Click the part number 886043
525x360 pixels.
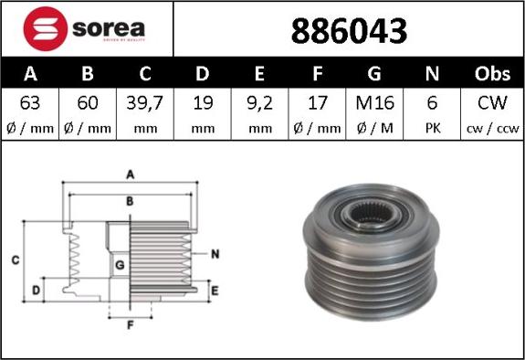point(348,31)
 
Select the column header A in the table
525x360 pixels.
point(30,73)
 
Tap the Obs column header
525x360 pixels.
point(493,73)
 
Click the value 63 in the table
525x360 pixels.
point(30,103)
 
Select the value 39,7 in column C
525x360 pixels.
point(145,103)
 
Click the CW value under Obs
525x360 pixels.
point(493,103)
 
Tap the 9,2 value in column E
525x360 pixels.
point(261,103)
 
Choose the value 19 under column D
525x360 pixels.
point(203,103)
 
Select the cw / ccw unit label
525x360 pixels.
point(493,129)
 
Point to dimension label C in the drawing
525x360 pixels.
point(16,260)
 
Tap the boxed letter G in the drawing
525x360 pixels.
point(120,266)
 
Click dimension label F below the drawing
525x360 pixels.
point(130,323)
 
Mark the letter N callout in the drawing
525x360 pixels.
point(215,254)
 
